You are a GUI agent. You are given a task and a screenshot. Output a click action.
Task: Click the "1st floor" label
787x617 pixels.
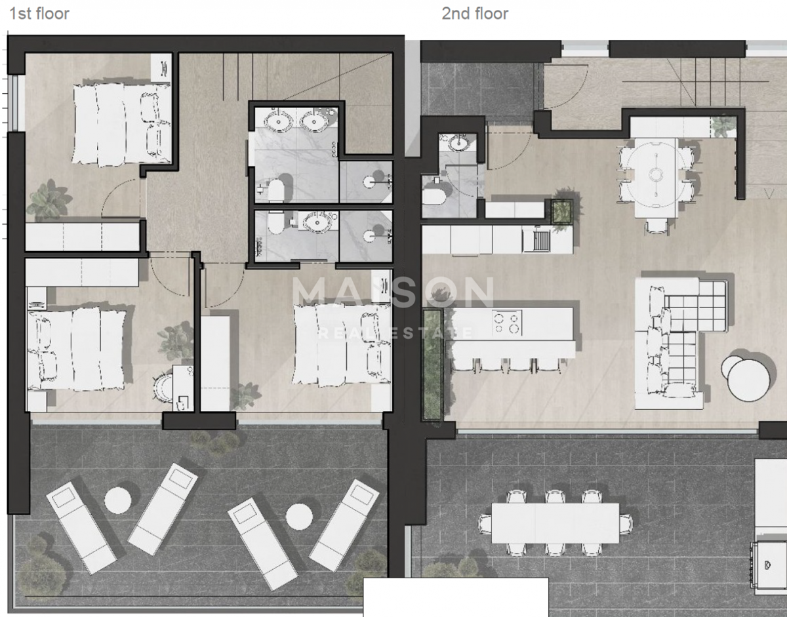39,13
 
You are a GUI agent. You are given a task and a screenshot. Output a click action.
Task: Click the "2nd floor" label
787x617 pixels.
474,13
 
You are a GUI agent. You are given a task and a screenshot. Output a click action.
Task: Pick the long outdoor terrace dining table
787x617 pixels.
555,523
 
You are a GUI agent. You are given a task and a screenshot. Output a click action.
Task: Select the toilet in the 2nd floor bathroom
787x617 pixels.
434,195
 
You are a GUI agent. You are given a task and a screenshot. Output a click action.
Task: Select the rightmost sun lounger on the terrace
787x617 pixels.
344,524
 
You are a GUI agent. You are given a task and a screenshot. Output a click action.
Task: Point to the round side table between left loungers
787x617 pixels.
118,500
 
